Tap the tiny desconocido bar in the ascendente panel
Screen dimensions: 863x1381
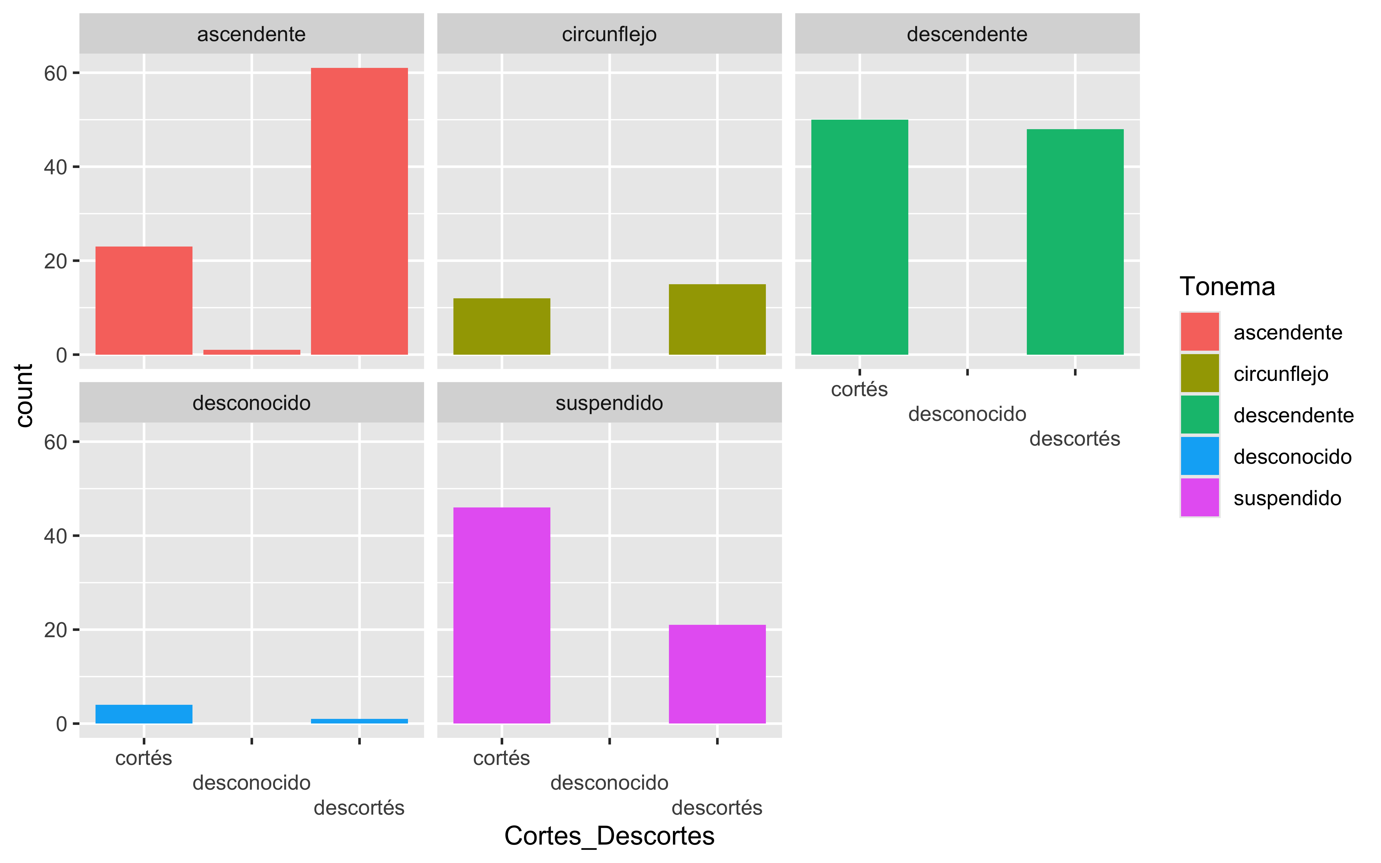(252, 352)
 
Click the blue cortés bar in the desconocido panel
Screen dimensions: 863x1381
(144, 714)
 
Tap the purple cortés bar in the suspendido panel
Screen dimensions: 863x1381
(501, 615)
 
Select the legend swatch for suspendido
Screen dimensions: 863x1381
(1199, 498)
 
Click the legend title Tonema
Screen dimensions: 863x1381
(1227, 287)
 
